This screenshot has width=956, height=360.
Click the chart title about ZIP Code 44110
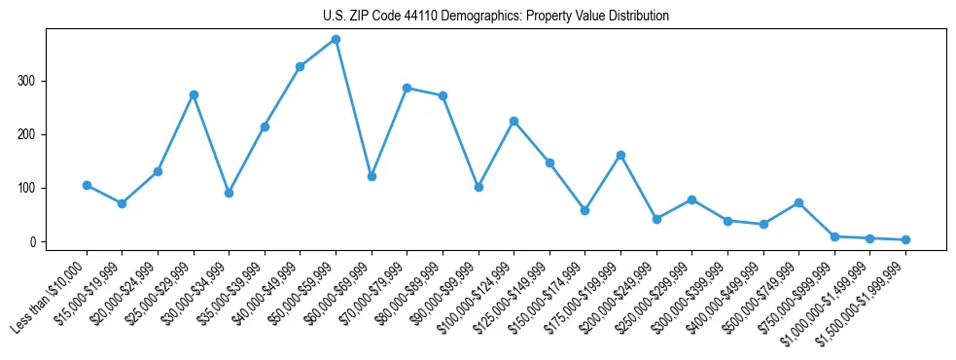click(495, 17)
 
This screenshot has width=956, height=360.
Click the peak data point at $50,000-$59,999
click(336, 40)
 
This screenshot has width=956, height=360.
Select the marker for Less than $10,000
click(87, 185)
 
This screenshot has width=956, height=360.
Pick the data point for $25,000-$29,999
click(194, 94)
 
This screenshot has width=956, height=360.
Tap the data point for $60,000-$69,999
click(372, 177)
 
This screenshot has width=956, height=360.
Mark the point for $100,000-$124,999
click(513, 122)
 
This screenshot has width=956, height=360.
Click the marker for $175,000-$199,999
click(620, 156)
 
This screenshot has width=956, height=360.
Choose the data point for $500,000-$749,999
click(798, 202)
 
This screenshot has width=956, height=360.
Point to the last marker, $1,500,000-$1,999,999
click(905, 239)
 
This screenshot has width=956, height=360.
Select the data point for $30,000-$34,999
click(229, 193)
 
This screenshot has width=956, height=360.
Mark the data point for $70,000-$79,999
click(407, 88)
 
